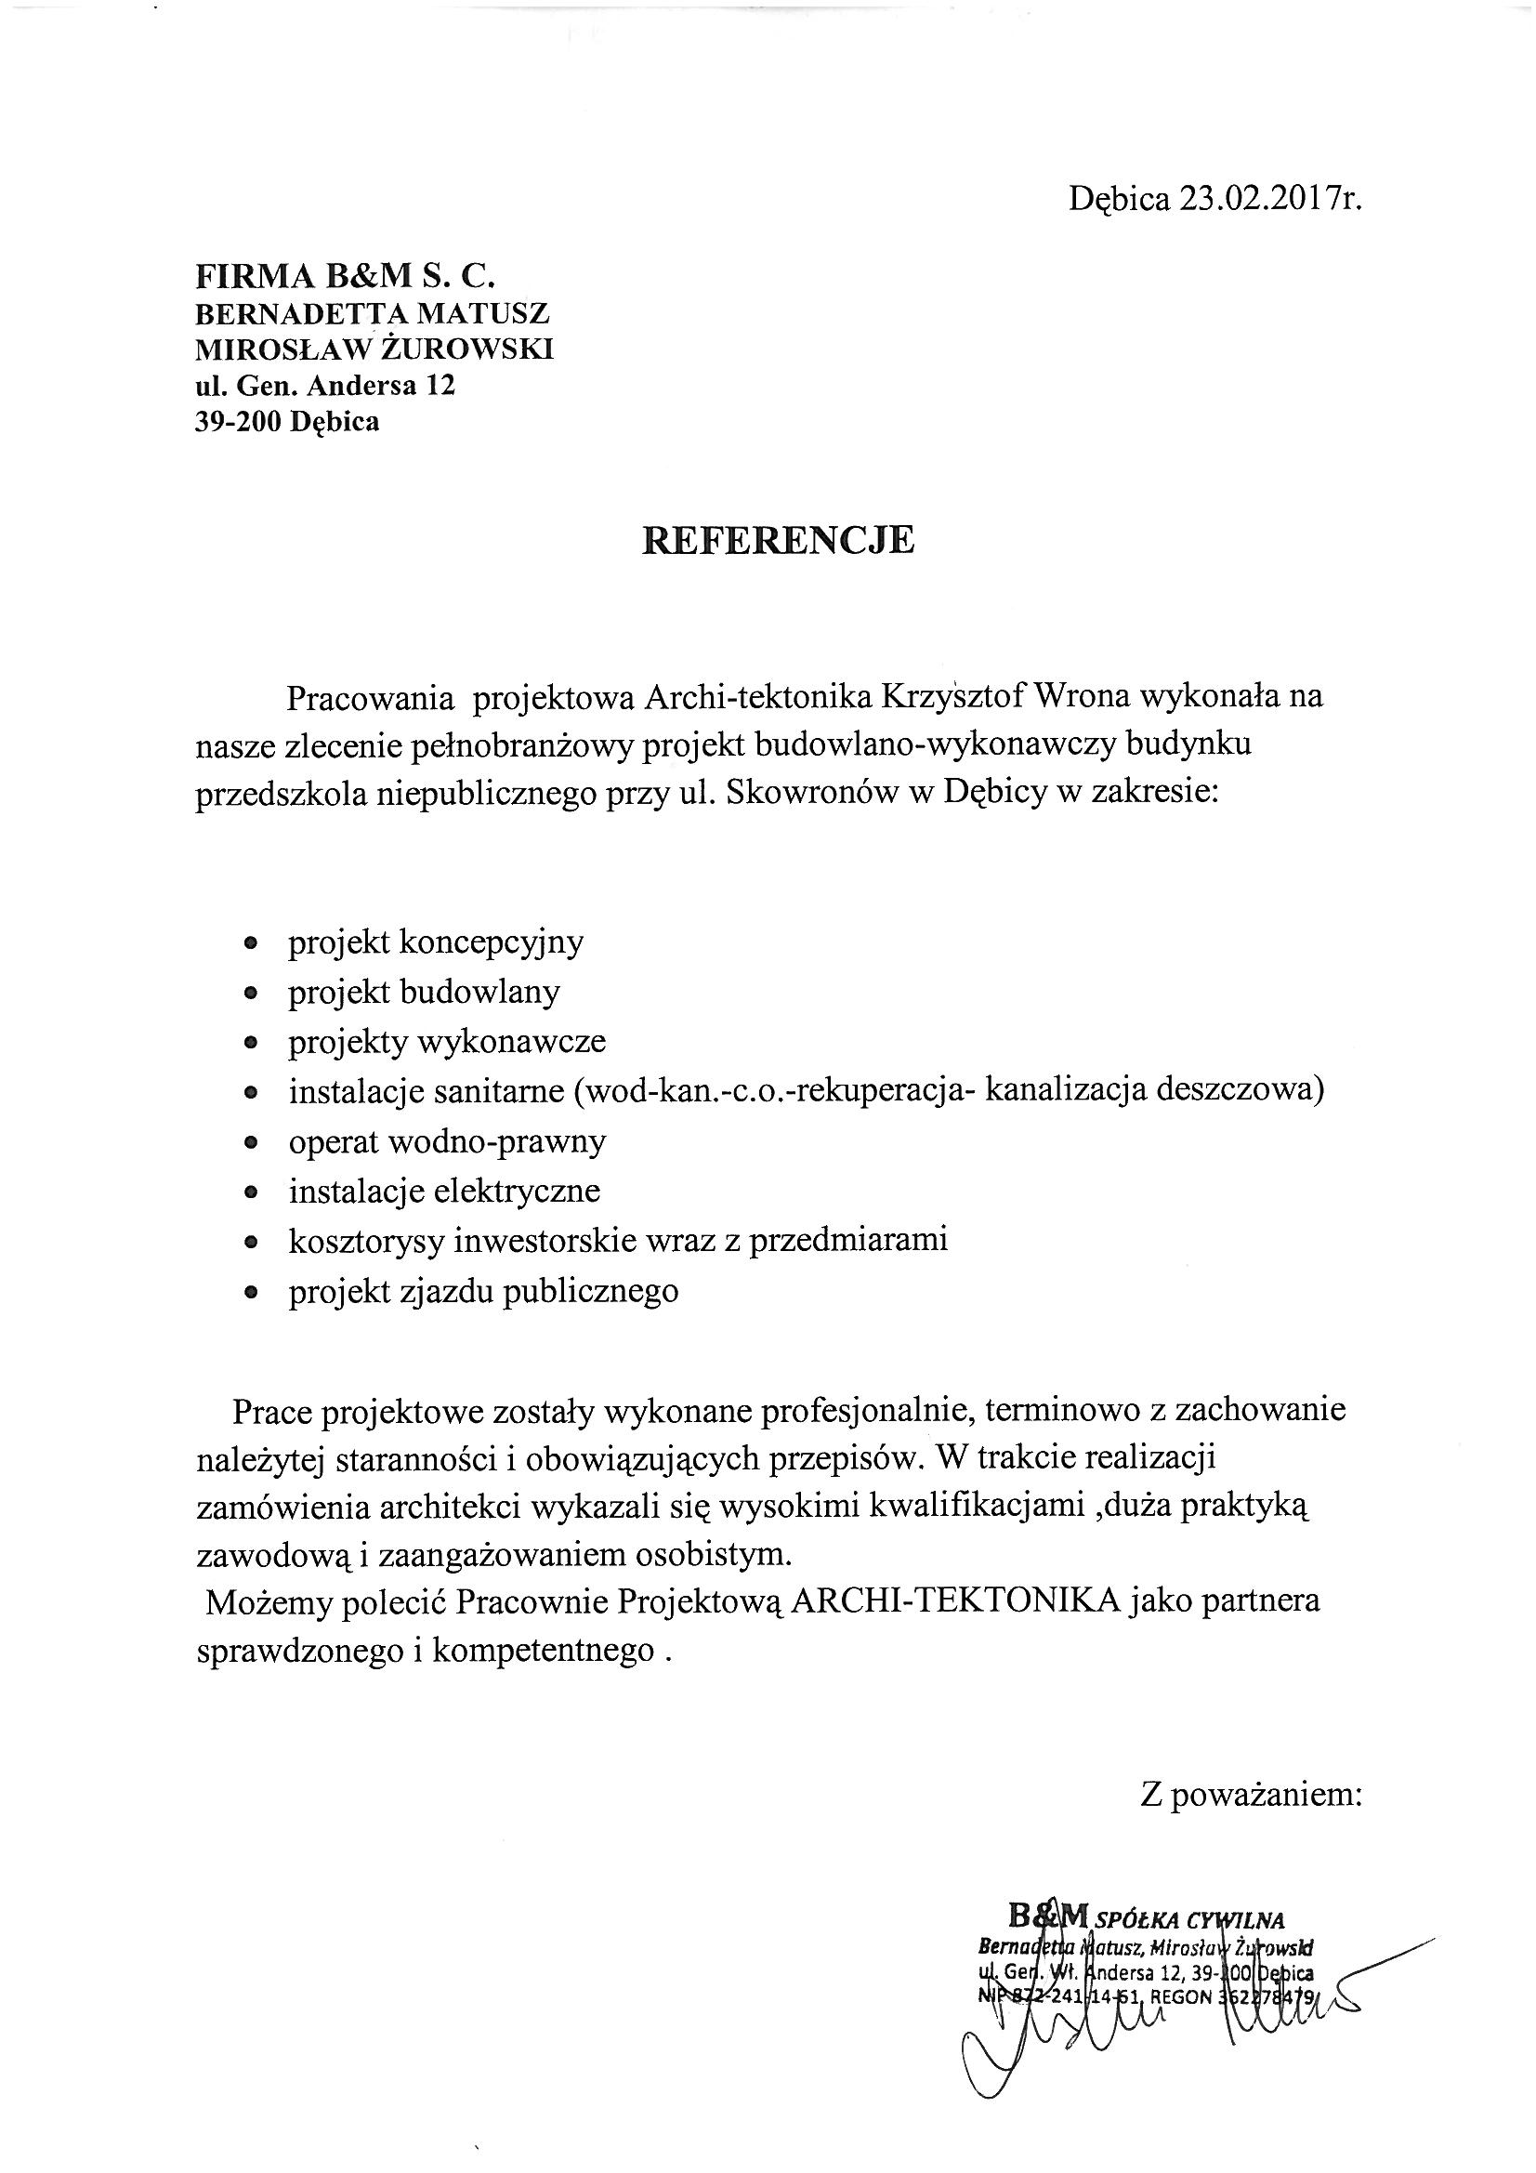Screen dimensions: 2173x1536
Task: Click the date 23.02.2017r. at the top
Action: point(1269,199)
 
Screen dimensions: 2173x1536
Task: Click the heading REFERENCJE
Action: point(778,539)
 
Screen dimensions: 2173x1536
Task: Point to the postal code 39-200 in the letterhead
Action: point(239,421)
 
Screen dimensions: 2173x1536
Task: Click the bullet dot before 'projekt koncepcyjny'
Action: point(251,943)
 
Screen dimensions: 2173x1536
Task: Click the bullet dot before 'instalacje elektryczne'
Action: point(251,1192)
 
